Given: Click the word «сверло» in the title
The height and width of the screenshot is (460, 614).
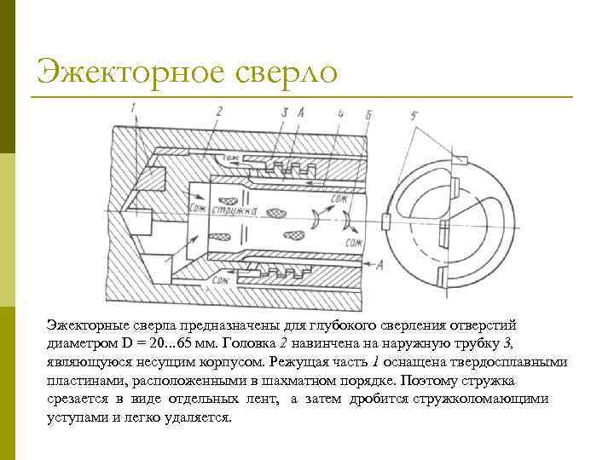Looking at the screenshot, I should [x=285, y=71].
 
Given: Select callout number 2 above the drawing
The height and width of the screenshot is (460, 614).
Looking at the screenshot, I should [x=219, y=111].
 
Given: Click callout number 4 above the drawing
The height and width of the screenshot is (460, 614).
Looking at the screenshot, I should [x=339, y=112].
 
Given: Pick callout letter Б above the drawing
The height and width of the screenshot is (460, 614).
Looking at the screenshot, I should [x=368, y=113].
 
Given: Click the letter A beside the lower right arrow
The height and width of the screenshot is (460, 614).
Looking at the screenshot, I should [x=379, y=266].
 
